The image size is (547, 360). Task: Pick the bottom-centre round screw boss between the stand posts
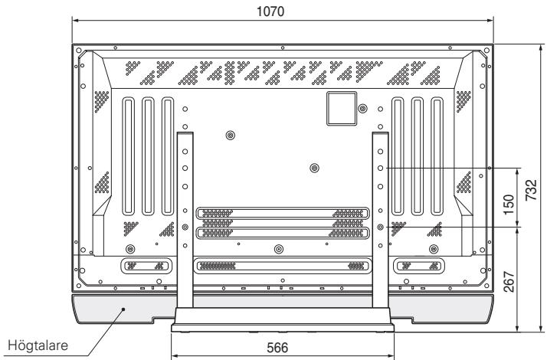[x=277, y=249]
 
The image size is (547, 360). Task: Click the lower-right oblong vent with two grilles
[x=418, y=266]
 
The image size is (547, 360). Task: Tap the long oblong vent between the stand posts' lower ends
[x=283, y=266]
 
